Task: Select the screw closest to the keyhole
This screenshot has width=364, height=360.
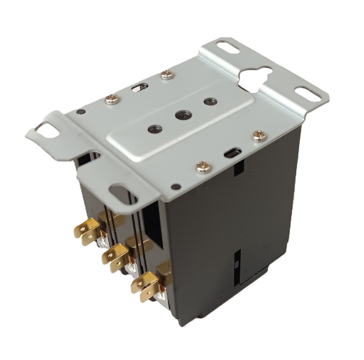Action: tap(259, 136)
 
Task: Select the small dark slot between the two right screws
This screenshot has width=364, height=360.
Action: tap(232, 152)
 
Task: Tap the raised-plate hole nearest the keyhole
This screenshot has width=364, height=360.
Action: tap(209, 101)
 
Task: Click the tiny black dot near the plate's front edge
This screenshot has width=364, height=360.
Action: tap(176, 187)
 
